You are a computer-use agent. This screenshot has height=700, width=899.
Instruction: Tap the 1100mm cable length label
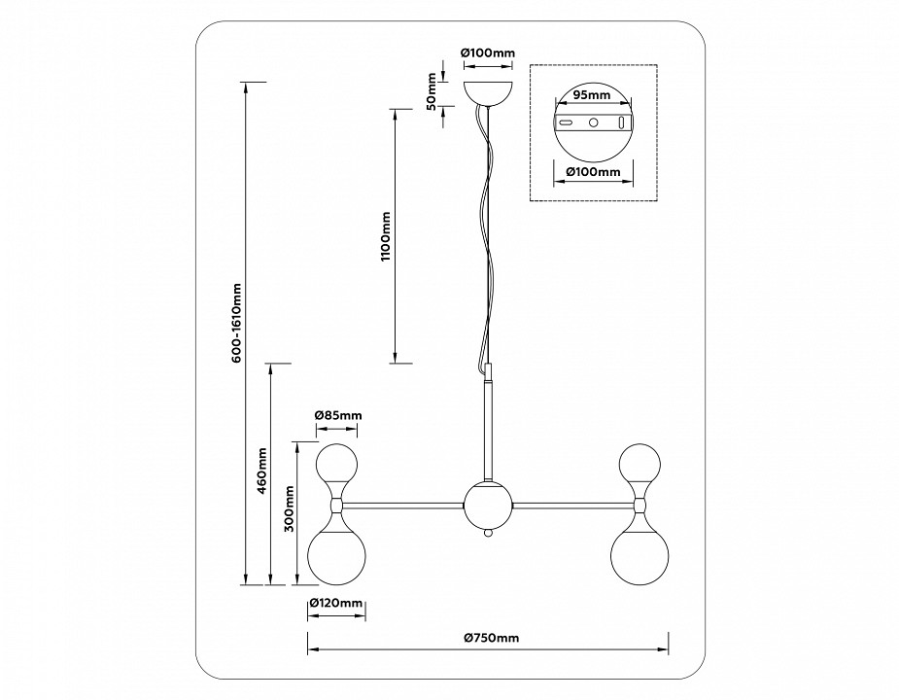click(386, 236)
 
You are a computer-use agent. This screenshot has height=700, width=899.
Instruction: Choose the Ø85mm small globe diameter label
click(337, 415)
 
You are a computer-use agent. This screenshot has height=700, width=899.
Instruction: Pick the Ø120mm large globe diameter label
click(335, 604)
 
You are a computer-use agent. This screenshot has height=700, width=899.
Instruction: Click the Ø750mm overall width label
click(491, 638)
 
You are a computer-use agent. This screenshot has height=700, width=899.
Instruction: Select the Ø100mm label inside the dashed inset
click(593, 172)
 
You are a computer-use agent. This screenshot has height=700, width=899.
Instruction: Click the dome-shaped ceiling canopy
click(488, 94)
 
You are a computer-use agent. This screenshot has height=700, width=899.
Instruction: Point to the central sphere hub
click(488, 505)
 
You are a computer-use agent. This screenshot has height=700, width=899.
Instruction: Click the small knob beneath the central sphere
click(489, 534)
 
